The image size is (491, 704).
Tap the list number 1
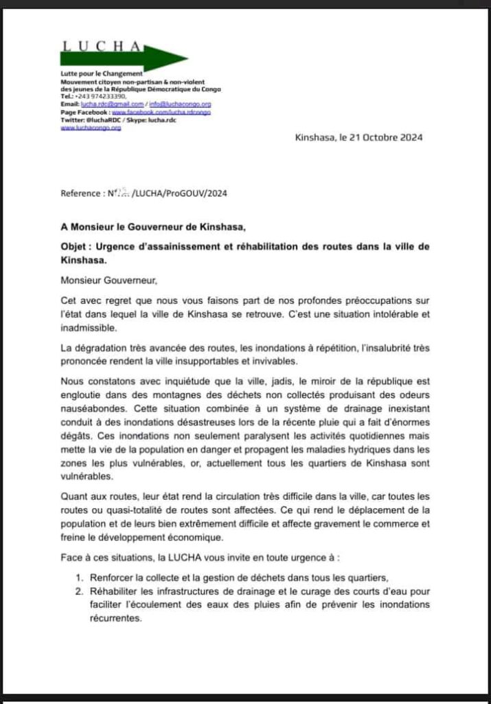79,577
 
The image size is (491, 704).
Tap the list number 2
79,591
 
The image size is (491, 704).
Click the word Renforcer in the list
109,577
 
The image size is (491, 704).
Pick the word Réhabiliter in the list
113,591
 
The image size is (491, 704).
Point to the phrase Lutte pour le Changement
102,73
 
